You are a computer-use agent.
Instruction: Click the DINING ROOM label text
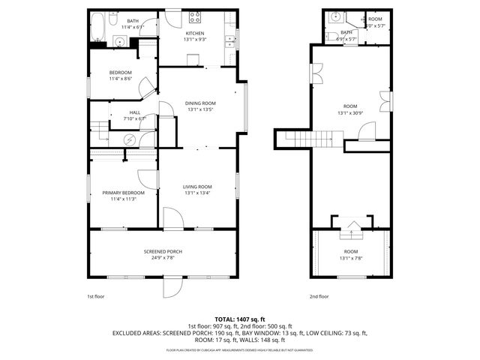pos(201,103)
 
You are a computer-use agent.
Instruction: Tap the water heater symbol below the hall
pos(129,139)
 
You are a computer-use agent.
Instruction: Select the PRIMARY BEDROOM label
pos(123,193)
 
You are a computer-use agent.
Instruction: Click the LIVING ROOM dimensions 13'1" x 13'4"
pos(199,193)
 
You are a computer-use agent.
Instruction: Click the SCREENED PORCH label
pos(163,251)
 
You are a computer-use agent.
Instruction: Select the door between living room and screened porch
pos(172,219)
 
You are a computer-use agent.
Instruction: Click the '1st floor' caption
pos(95,296)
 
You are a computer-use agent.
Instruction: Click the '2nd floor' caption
pos(319,296)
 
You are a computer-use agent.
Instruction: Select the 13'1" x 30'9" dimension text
pos(350,113)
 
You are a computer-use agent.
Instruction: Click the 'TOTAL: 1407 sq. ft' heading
pos(239,319)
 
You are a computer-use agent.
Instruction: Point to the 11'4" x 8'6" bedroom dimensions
pos(120,78)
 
